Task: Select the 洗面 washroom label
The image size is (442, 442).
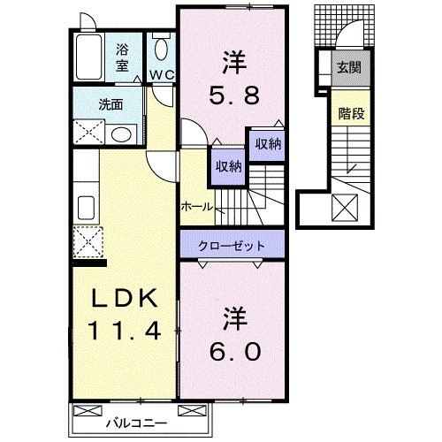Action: [x=110, y=103]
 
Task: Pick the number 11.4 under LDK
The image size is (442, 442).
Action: [x=124, y=332]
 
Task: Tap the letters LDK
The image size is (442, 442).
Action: [x=124, y=299]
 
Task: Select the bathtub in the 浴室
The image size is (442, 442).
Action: [x=88, y=57]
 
